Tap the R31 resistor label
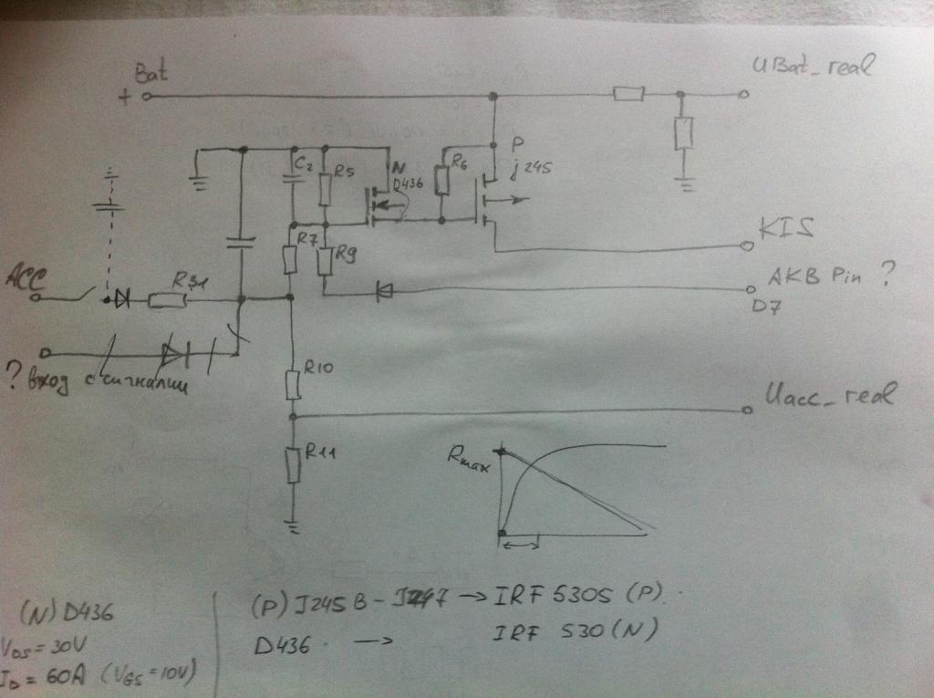(194, 281)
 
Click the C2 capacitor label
(303, 165)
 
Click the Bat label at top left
(149, 72)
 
